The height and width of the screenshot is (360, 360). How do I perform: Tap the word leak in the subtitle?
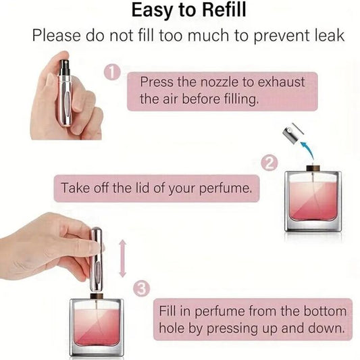tap(324, 35)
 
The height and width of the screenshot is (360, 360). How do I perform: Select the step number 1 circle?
tap(113, 72)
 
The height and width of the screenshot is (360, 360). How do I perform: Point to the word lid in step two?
tap(132, 188)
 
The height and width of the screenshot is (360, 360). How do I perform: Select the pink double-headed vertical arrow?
tap(122, 257)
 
